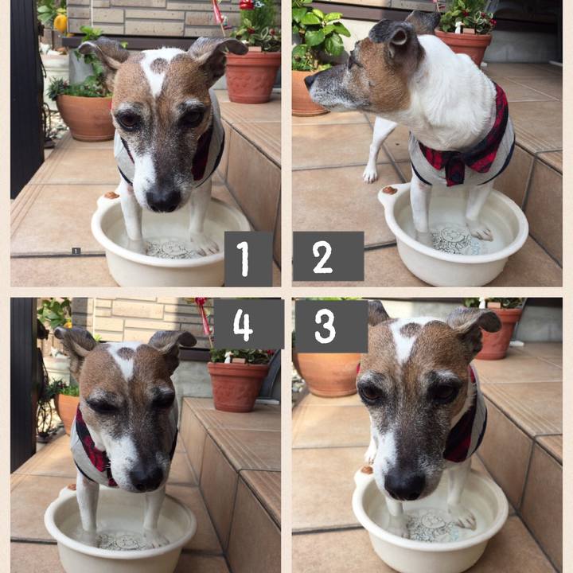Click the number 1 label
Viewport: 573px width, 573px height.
pos(248,259)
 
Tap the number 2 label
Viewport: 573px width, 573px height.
pos(328,256)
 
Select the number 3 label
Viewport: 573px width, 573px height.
pos(331,326)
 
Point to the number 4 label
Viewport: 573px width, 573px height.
pos(248,324)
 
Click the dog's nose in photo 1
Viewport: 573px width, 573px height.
pos(163,200)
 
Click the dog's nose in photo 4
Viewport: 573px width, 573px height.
pos(146,477)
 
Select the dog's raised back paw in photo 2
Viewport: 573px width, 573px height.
pos(370,174)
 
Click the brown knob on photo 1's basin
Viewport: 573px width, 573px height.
pos(111,195)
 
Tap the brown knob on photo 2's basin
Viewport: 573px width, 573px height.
pos(389,190)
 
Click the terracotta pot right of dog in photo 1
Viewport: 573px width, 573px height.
pos(252,76)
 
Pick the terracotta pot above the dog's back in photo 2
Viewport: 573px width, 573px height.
pos(463,45)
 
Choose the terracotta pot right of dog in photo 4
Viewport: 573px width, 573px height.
pos(238,387)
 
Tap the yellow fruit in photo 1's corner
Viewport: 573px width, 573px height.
pos(60,24)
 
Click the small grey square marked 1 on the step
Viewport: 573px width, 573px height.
pos(76,251)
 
